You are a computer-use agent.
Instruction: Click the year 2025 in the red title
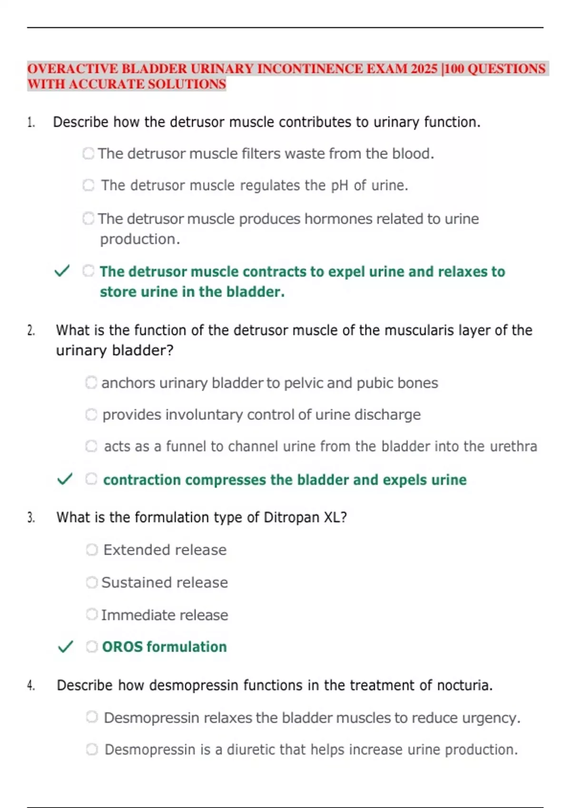tap(424, 69)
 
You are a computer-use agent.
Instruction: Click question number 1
tap(31, 123)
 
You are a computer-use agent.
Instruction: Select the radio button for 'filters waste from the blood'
tap(89, 154)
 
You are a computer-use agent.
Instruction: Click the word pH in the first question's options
tap(340, 185)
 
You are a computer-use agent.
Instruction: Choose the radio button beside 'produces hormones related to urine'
tap(89, 219)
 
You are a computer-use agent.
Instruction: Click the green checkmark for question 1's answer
tap(62, 271)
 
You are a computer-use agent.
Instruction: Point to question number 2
tap(31, 330)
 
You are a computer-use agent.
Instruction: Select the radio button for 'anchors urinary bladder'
tap(91, 383)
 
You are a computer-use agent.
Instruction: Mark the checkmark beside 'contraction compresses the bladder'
tap(65, 479)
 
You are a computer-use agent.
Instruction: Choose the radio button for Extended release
tap(92, 550)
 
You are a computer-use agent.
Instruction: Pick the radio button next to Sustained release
tap(92, 582)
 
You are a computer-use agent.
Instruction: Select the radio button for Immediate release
tap(92, 615)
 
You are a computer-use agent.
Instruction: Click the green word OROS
tap(122, 647)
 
